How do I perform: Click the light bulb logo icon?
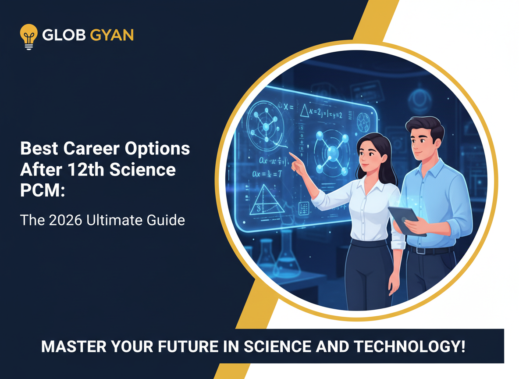pos(28,36)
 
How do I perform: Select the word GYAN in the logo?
pos(111,36)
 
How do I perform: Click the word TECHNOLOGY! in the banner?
pos(410,347)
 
